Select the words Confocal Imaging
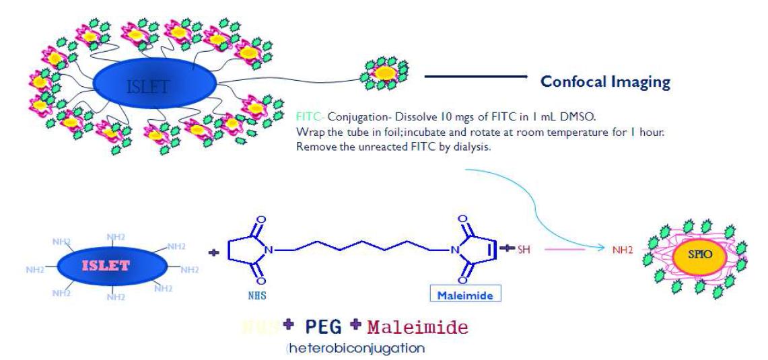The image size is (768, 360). coord(606,83)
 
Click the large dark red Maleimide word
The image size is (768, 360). coord(418,328)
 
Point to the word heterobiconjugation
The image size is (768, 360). coord(357,349)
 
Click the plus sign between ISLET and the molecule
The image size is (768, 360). coord(214,254)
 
